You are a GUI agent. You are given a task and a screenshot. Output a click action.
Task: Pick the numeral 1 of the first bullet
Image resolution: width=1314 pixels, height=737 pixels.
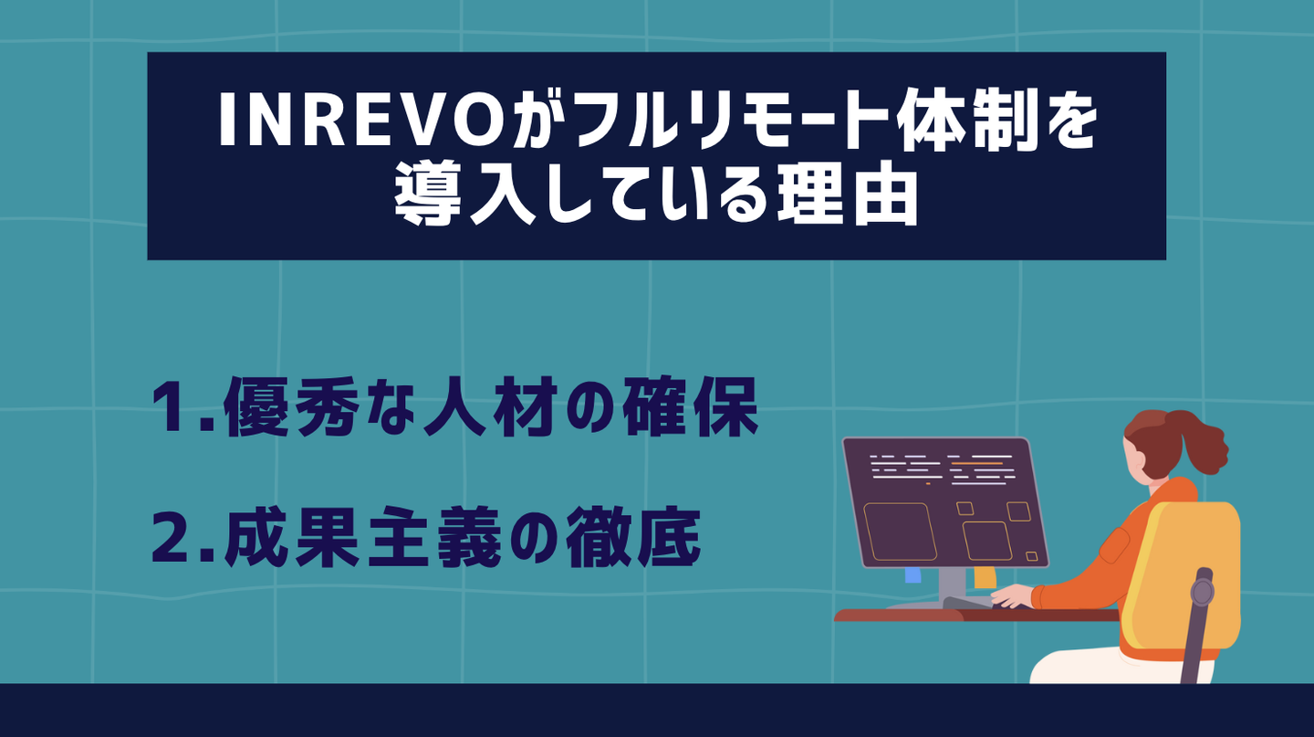point(173,407)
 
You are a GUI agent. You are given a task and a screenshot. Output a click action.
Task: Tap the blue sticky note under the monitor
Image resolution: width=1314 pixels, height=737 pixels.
point(912,575)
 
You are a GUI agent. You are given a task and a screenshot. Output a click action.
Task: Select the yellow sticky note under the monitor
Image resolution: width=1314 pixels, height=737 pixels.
point(985,576)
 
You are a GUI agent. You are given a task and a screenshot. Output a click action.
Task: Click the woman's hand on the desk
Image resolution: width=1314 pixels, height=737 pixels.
point(1011,596)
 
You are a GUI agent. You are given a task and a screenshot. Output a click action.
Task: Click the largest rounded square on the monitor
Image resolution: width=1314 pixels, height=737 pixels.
point(900,532)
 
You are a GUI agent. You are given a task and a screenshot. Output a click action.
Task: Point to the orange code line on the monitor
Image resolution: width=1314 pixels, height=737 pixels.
point(976,463)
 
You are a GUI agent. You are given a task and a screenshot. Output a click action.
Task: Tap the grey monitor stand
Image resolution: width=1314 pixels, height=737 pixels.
point(952,587)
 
